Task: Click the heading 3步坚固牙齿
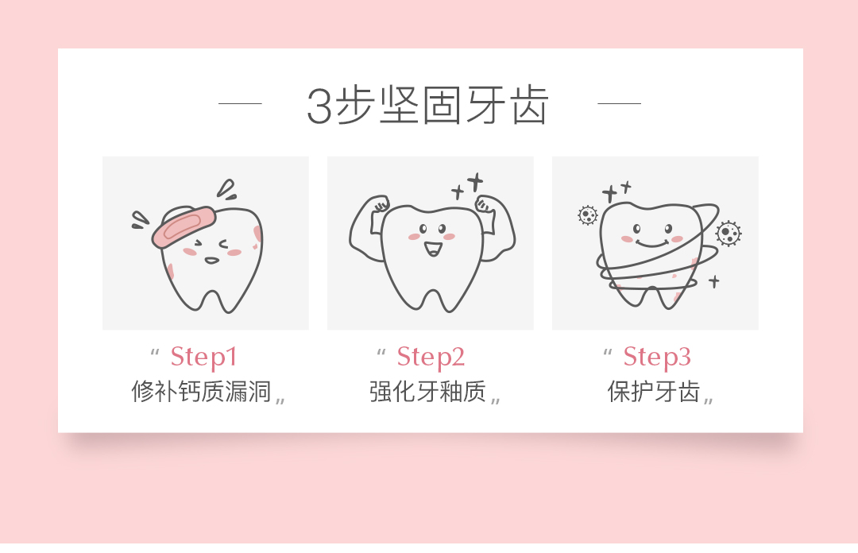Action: (427, 105)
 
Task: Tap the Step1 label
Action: (203, 357)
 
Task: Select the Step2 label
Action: (431, 357)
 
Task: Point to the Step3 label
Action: (657, 357)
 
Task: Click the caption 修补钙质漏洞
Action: (202, 392)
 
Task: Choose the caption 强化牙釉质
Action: (427, 392)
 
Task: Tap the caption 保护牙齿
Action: (654, 392)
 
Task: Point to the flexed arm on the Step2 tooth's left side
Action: (366, 227)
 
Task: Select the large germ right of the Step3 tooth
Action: (728, 233)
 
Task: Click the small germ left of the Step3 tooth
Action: (588, 215)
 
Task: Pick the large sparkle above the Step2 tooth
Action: (475, 183)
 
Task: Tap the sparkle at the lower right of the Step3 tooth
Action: (713, 280)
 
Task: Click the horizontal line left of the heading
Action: (240, 103)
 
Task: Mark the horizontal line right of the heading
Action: (619, 103)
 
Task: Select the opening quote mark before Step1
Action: (154, 351)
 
